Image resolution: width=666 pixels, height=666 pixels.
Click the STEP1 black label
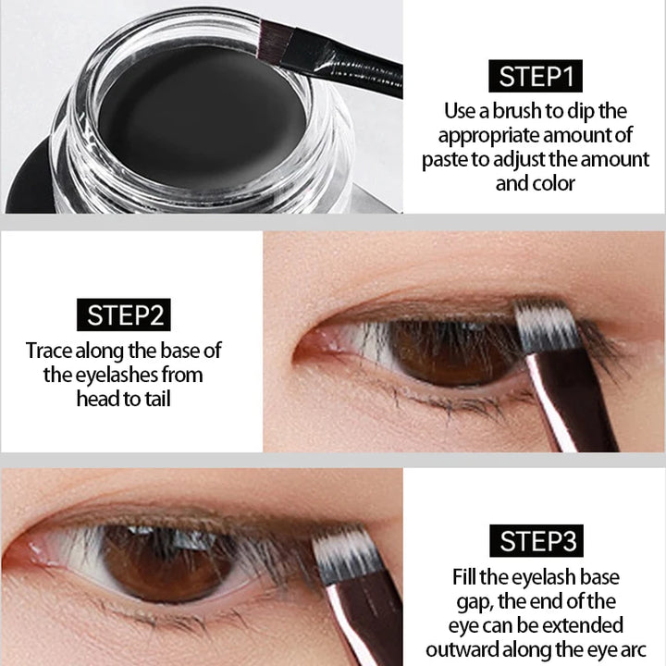536,76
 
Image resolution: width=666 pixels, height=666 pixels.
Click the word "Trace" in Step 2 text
51,351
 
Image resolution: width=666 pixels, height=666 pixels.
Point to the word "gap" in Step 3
469,601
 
